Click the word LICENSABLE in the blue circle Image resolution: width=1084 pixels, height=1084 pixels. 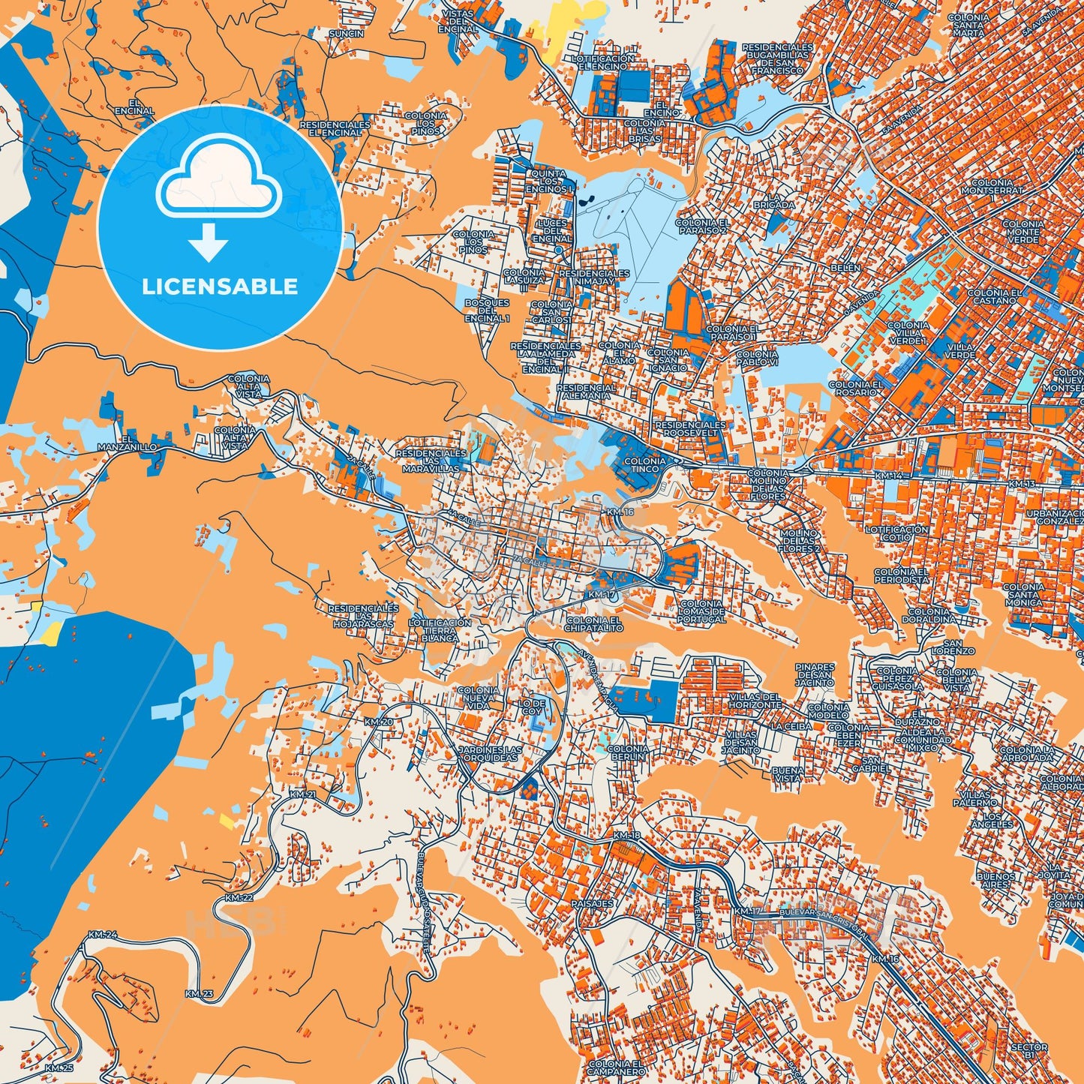pyautogui.click(x=219, y=287)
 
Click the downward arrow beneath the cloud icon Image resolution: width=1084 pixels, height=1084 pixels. pyautogui.click(x=209, y=242)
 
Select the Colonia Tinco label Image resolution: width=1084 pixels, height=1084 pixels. pyautogui.click(x=644, y=465)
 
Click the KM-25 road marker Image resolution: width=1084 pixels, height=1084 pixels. pyautogui.click(x=59, y=1067)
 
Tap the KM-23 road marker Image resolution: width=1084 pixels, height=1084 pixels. pyautogui.click(x=199, y=994)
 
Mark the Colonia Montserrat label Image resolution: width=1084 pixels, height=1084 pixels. pyautogui.click(x=996, y=187)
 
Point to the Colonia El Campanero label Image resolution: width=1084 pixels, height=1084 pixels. pyautogui.click(x=615, y=1067)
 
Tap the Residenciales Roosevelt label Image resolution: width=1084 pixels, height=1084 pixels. pyautogui.click(x=691, y=428)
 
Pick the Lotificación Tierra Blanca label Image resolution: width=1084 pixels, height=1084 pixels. pyautogui.click(x=440, y=630)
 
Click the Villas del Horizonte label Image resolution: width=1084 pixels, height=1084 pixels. pyautogui.click(x=755, y=701)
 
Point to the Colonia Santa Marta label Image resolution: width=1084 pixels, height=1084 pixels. pyautogui.click(x=968, y=26)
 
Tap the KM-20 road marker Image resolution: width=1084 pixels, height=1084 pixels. pyautogui.click(x=378, y=722)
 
